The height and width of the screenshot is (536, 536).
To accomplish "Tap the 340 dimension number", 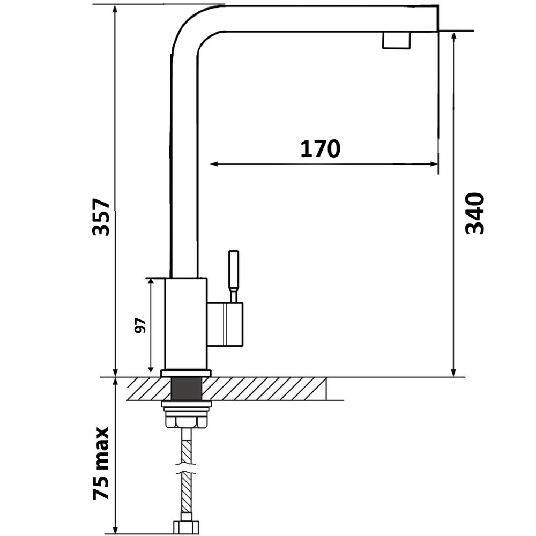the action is pos(475,213).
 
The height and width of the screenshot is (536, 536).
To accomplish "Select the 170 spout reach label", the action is pos(321,148).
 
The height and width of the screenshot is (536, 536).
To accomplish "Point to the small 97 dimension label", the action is pos(140,325).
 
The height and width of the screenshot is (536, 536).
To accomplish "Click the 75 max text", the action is pos(101,463).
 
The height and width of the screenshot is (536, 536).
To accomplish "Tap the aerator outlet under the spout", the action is pos(396,40).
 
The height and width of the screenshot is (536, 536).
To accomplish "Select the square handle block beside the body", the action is pos(225,324).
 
